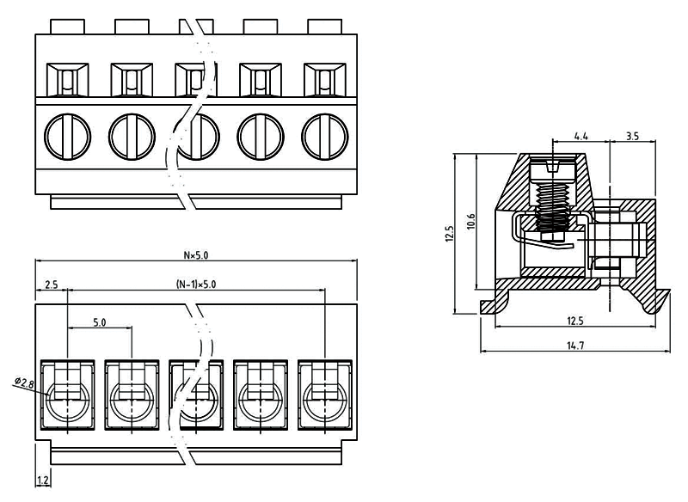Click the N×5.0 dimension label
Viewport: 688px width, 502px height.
[x=195, y=254]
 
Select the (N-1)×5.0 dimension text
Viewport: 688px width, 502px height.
[x=195, y=284]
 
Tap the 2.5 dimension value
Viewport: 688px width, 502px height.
[x=51, y=284]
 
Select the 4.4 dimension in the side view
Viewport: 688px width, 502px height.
[x=580, y=136]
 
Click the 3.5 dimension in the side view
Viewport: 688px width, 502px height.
[x=632, y=136]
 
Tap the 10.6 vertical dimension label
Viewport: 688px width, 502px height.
[x=469, y=221]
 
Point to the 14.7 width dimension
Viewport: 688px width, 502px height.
[x=574, y=345]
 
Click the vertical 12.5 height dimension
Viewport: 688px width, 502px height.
[x=449, y=234]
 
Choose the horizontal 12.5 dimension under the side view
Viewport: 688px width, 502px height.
[x=574, y=321]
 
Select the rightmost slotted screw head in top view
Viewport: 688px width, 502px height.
[x=324, y=136]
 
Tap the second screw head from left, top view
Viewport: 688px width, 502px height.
[x=132, y=136]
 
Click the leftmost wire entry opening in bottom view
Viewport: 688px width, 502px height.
[x=67, y=397]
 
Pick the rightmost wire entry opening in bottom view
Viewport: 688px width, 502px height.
[x=324, y=397]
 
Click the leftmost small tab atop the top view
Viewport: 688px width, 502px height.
[x=68, y=26]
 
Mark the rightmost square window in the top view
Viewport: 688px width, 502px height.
[x=324, y=82]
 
